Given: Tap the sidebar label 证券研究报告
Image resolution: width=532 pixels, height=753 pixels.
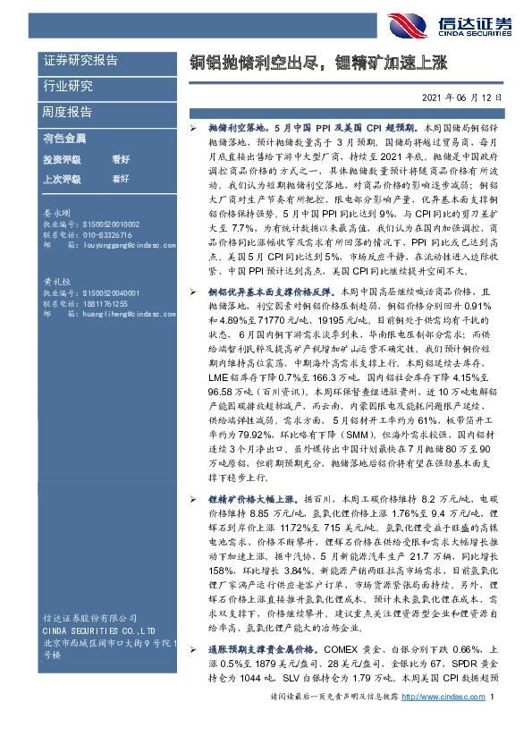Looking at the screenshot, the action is (x=80, y=62).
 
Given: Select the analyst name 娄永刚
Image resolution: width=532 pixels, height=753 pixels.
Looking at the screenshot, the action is (x=56, y=215).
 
